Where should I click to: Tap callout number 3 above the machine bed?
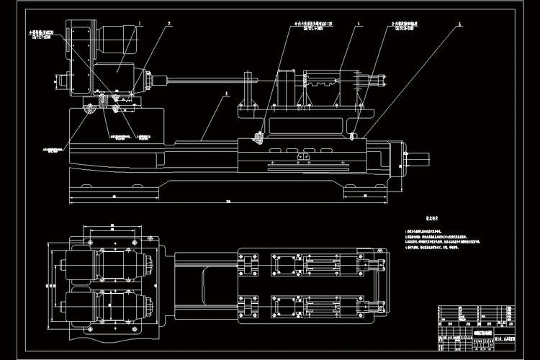[226, 93]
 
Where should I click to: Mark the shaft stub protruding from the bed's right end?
[420, 153]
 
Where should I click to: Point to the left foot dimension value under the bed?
[114, 195]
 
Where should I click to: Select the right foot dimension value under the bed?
[365, 195]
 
